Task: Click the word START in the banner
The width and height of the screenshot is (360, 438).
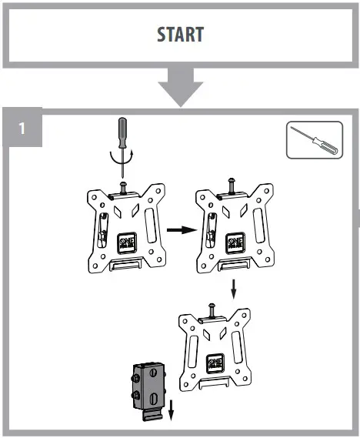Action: click(x=180, y=35)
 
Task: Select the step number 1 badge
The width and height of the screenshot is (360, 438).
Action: click(x=22, y=129)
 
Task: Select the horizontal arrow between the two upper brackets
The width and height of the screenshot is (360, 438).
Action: click(x=179, y=229)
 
